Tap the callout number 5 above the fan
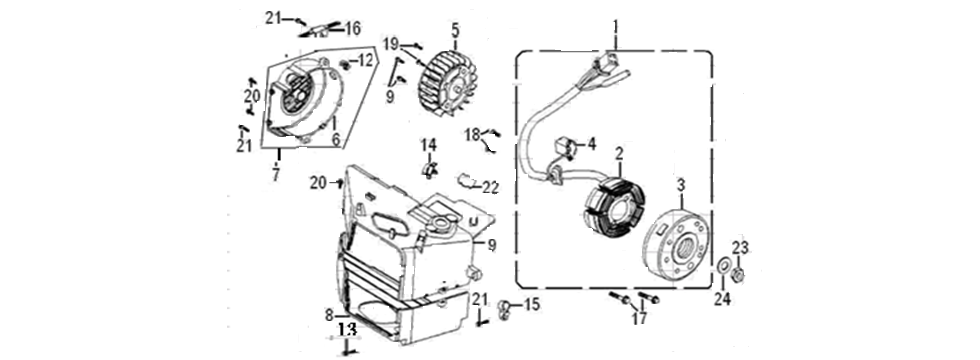455,31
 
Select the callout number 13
346,327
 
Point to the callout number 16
352,28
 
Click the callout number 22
490,186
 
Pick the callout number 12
365,62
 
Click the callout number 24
722,297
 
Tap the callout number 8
329,314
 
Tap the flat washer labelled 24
722,270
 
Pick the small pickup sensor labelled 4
567,148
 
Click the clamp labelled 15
506,305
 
